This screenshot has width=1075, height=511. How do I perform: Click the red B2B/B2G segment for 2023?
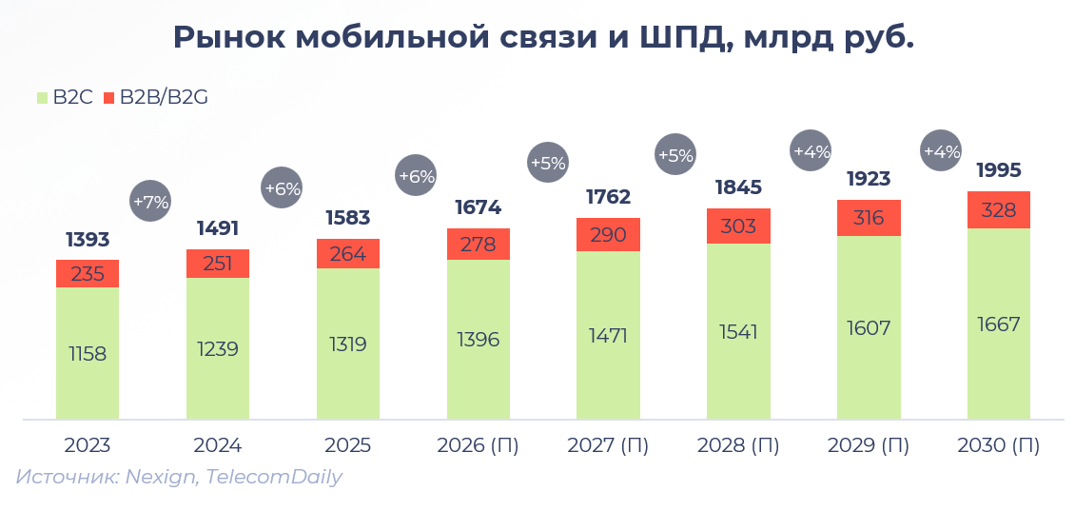tap(88, 273)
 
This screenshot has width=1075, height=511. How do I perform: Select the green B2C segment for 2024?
tap(218, 348)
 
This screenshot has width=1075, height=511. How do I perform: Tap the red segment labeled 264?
tap(348, 254)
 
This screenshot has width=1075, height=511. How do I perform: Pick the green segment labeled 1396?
tap(479, 340)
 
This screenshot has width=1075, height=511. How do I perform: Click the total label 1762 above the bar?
tap(608, 197)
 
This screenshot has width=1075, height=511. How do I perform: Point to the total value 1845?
tap(738, 187)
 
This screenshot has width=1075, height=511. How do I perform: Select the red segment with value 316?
tap(869, 218)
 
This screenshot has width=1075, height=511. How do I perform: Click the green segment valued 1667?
tap(999, 324)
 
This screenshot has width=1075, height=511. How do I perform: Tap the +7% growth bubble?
tap(150, 202)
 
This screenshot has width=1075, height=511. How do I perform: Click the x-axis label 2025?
tap(348, 445)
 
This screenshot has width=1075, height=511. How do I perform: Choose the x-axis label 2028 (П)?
tap(738, 445)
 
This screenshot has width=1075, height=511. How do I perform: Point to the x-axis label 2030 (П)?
tap(999, 445)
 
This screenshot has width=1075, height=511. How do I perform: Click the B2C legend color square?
tap(42, 97)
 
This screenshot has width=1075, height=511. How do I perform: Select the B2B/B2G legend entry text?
tap(164, 97)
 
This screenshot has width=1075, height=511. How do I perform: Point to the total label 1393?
tap(88, 239)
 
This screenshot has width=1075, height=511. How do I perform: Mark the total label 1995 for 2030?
tap(999, 170)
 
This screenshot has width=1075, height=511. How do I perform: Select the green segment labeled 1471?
tap(608, 335)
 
